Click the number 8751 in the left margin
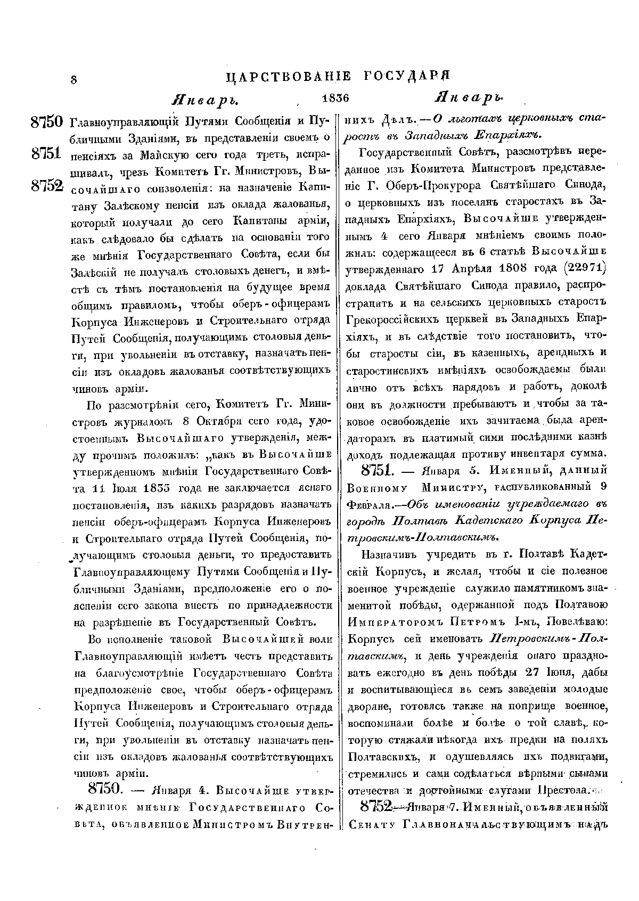[47, 153]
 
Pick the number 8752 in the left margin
[47, 185]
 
